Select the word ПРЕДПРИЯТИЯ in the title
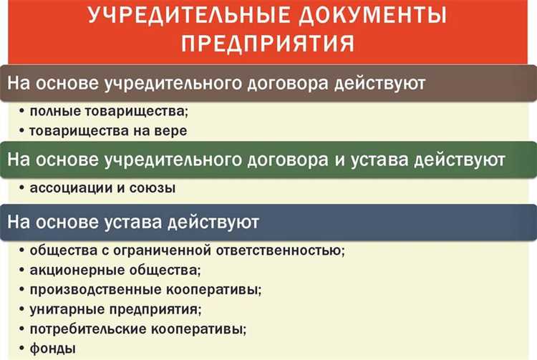[x=268, y=44]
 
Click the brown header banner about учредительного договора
[x=268, y=83]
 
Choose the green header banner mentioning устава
[x=268, y=158]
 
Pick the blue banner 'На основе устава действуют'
[x=268, y=221]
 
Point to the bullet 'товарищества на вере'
[x=108, y=131]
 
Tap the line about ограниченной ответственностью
[x=187, y=251]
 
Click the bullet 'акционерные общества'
[x=115, y=271]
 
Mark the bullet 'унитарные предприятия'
[x=115, y=309]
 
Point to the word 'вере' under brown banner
[x=170, y=131]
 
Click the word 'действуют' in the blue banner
[x=221, y=222]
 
